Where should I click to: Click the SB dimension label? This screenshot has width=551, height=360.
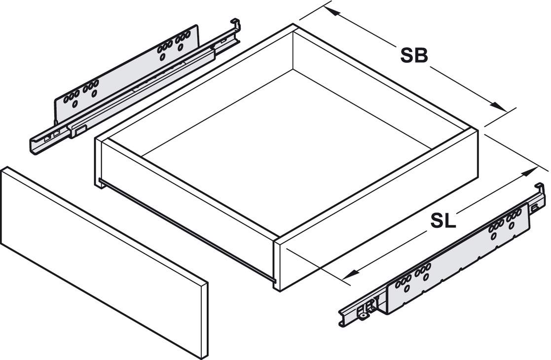[x=414, y=55]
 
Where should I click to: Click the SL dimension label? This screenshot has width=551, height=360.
[x=443, y=221]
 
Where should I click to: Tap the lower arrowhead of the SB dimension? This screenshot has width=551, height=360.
[x=499, y=107]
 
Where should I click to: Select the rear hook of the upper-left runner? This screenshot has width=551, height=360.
[x=235, y=25]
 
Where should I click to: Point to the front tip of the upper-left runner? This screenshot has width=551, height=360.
[x=34, y=147]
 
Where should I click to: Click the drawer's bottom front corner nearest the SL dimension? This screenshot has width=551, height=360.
[x=278, y=290]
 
